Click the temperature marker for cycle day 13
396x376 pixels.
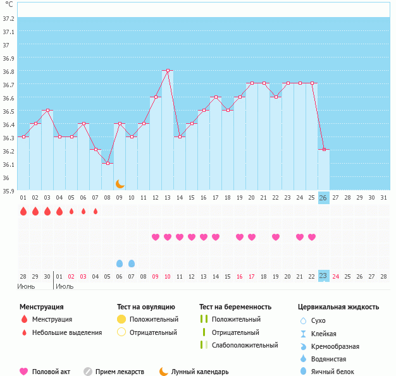click(168, 70)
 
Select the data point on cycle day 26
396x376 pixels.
click(323, 149)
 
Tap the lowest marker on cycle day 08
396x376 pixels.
click(108, 163)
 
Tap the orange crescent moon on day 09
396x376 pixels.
click(120, 184)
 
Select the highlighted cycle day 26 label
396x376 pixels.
click(323, 198)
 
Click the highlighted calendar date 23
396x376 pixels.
click(323, 276)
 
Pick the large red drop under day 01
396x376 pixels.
click(23, 212)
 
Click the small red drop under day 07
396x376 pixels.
click(96, 212)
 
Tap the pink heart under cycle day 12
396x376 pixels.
click(156, 237)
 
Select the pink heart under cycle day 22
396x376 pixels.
click(275, 237)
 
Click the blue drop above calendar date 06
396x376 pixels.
click(120, 263)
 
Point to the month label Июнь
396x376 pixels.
click(26, 286)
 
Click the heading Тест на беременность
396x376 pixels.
click(235, 307)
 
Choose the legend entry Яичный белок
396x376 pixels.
click(337, 372)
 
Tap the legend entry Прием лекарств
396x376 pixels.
click(120, 372)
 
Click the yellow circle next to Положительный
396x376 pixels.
click(121, 319)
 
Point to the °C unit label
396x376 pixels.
click(9, 5)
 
